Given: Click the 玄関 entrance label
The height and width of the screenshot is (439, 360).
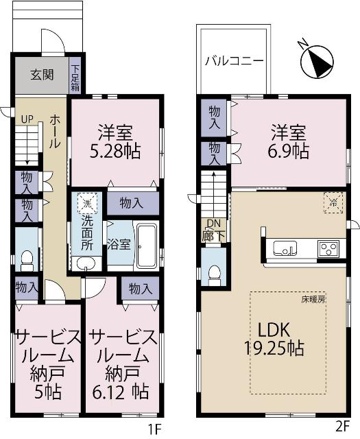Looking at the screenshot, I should (42, 75).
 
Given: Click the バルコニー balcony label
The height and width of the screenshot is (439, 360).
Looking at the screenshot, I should (234, 60).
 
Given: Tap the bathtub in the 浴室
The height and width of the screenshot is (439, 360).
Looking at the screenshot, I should (147, 245).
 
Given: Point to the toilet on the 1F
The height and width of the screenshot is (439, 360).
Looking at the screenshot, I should (27, 259).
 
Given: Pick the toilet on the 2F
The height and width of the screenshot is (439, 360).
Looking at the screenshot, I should (214, 272).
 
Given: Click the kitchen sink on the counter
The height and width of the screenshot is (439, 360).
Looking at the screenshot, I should (284, 248).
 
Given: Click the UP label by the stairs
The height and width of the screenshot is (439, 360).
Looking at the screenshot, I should (26, 119).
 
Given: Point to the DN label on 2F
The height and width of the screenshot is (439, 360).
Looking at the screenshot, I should (213, 222).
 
